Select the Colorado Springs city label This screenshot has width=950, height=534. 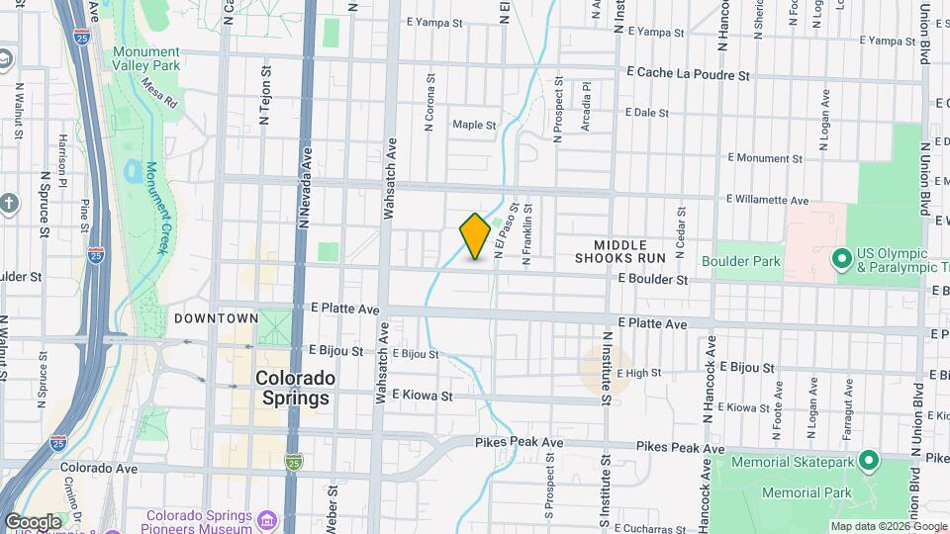coord(295,388)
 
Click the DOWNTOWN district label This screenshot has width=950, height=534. coord(216,318)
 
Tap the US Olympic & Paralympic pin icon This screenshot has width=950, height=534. coord(842,260)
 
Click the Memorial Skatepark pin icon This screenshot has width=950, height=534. coord(868,460)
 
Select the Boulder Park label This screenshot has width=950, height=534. coord(741,262)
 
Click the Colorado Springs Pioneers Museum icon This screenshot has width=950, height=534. coord(266,520)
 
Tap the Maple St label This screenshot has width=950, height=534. coord(474,126)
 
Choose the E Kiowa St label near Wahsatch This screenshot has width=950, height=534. coord(422,396)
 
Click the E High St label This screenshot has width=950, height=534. coord(638,374)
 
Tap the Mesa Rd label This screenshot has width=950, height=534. coord(158,93)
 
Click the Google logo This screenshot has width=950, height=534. coord(33,521)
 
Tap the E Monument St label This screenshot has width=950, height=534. coord(763,157)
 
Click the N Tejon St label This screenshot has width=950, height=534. coord(264,95)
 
